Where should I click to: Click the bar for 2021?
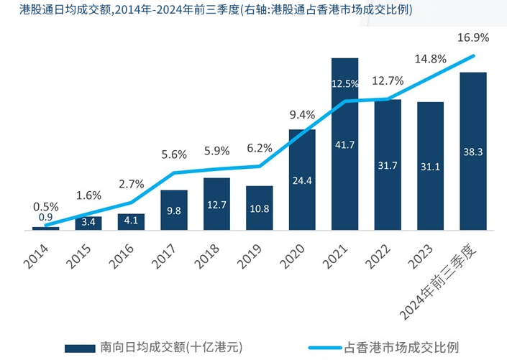[344, 144]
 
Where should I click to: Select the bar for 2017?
[174, 211]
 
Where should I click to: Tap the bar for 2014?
[46, 229]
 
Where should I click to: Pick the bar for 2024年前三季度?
[473, 151]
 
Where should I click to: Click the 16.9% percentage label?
[473, 37]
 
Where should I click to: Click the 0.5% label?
[45, 206]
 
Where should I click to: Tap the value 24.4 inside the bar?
[302, 180]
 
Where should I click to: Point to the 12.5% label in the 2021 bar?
[344, 84]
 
